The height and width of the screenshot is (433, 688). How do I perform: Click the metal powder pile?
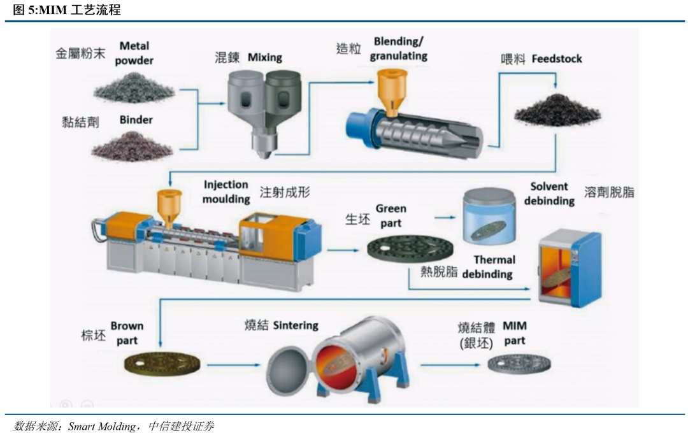click(x=134, y=87)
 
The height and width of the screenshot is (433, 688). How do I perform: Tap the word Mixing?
click(x=264, y=57)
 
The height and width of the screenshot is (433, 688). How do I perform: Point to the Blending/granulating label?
click(x=399, y=49)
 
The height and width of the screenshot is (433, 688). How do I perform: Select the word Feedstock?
click(x=557, y=59)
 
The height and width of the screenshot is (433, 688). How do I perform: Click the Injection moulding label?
click(x=226, y=192)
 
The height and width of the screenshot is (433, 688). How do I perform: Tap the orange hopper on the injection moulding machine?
click(x=168, y=204)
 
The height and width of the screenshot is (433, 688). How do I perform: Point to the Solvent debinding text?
click(x=549, y=194)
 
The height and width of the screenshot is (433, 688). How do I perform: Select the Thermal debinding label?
click(x=490, y=267)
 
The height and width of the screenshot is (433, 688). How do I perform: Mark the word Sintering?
click(x=296, y=325)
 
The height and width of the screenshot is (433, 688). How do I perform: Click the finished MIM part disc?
click(x=519, y=364)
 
